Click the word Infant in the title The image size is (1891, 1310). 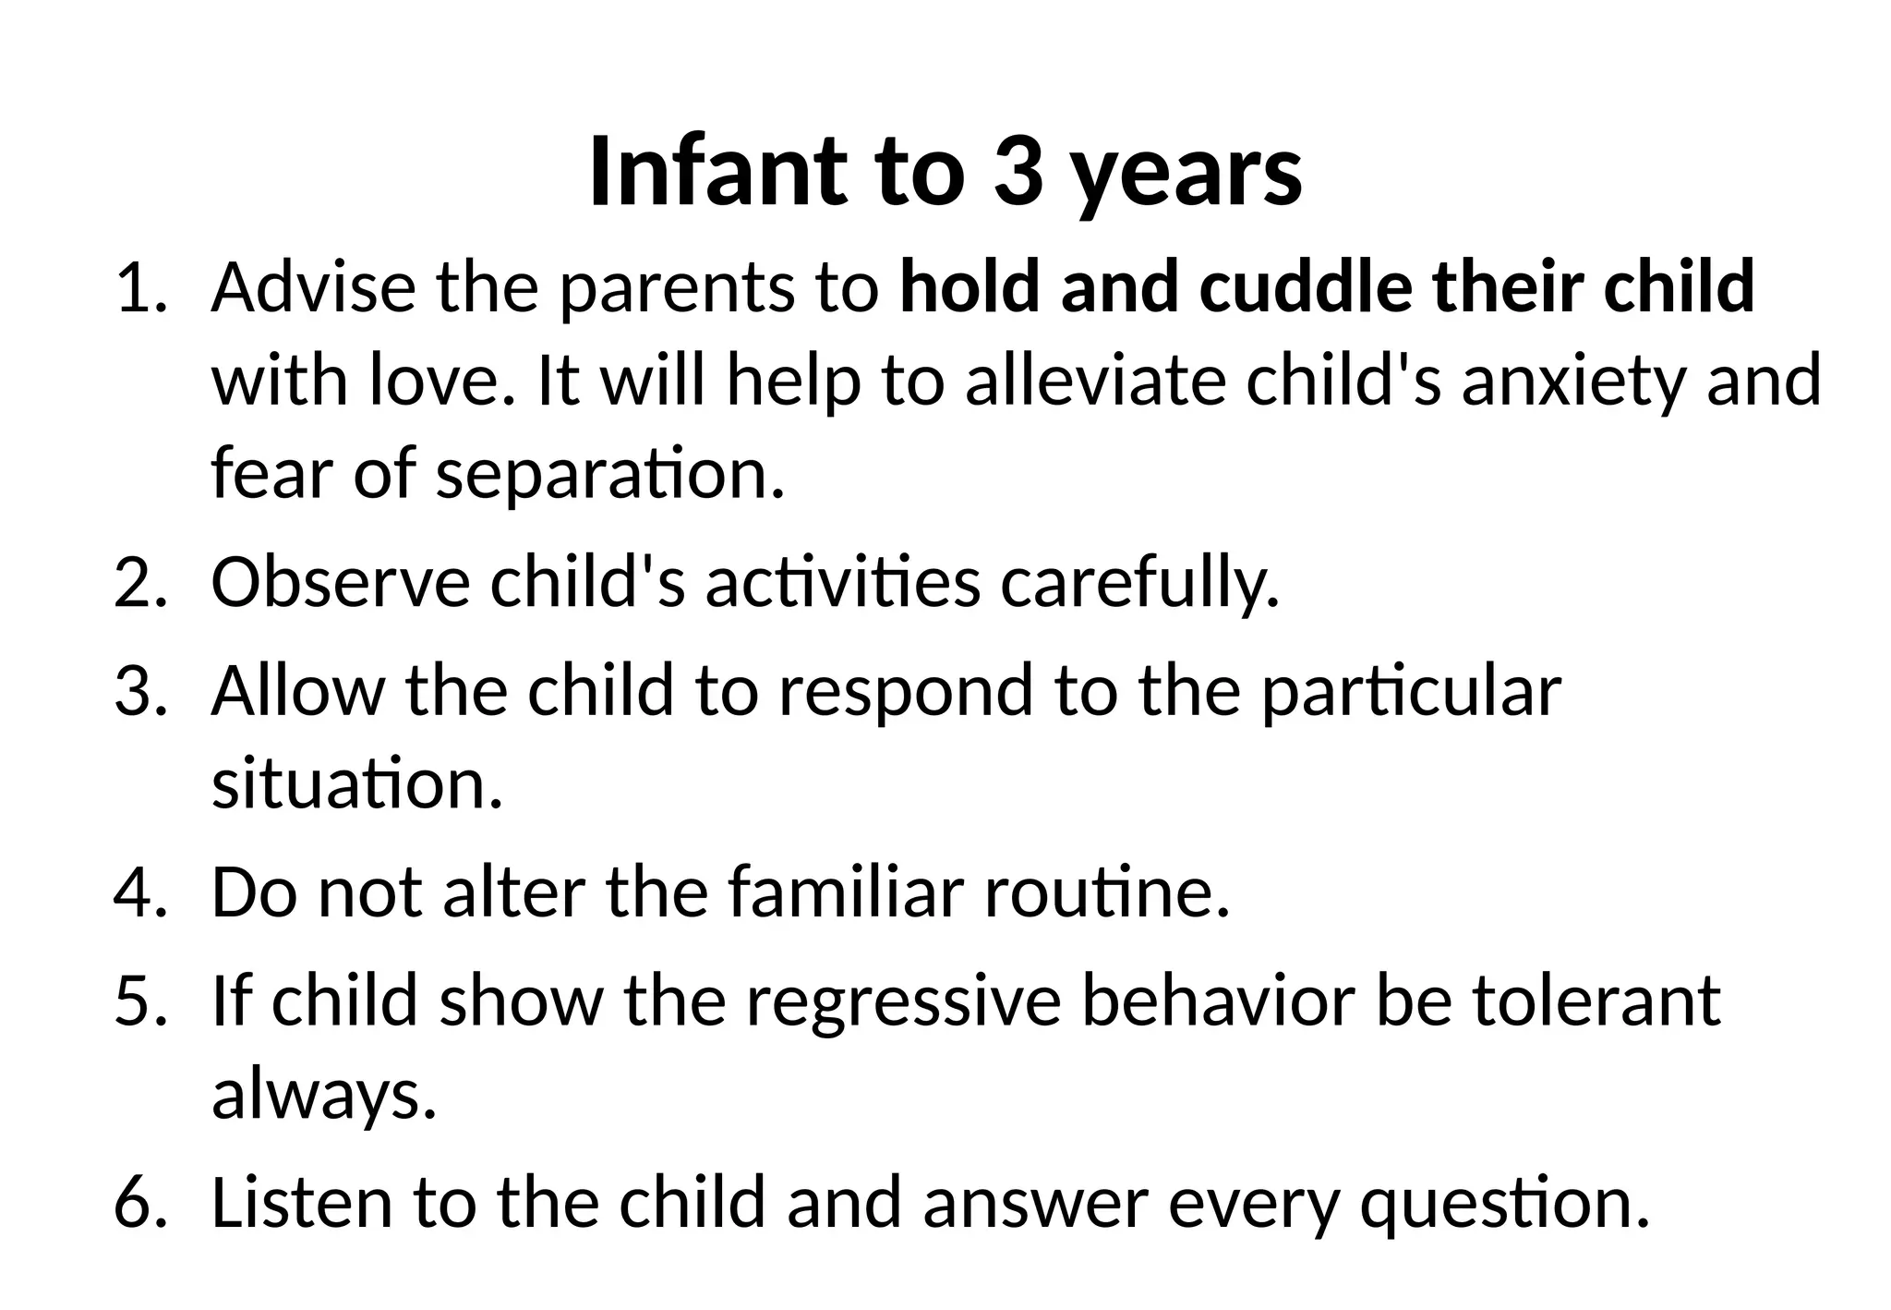pos(716,172)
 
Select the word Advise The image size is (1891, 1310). pos(313,287)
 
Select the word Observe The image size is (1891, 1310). pos(340,582)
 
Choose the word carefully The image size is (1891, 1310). pos(1140,584)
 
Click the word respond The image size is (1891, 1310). pos(905,692)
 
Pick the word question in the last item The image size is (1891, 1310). pos(1504,1205)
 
